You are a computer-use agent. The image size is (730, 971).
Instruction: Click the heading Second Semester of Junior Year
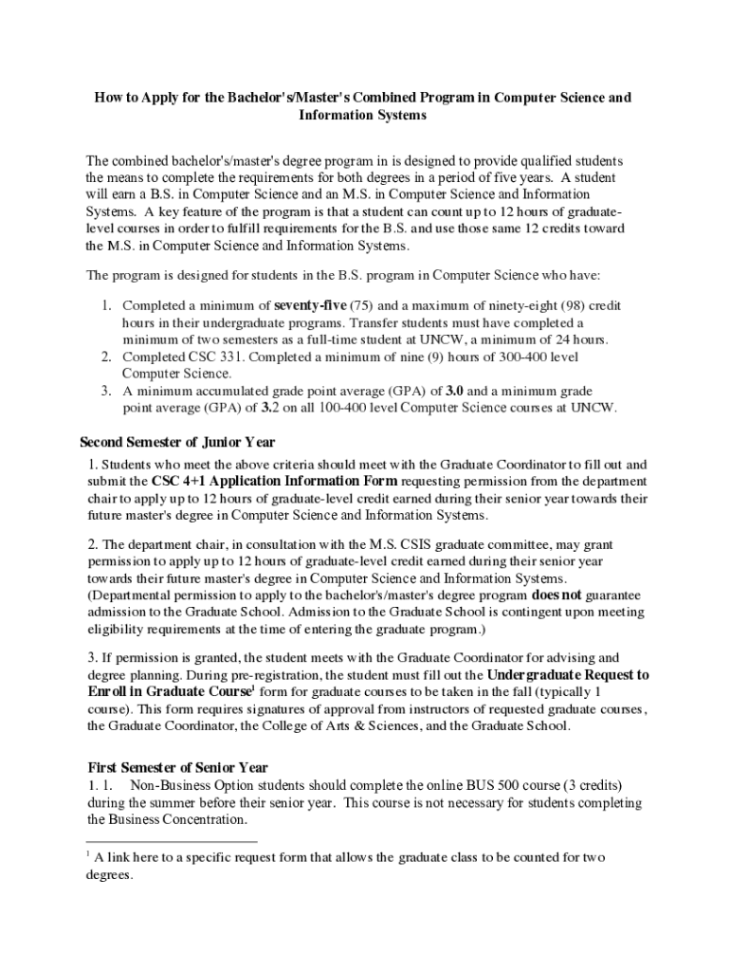click(x=177, y=442)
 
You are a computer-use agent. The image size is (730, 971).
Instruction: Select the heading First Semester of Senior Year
click(x=178, y=767)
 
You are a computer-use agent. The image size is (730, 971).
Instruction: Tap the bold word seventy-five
click(x=310, y=305)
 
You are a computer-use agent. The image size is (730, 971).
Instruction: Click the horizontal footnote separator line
click(x=172, y=840)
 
